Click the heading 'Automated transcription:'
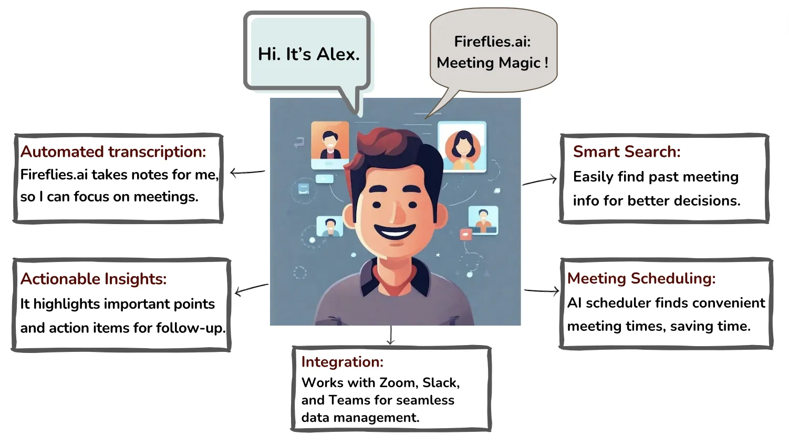[113, 151]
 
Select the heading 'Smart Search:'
[627, 151]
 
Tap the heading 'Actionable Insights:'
[94, 279]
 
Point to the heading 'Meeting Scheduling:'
[641, 278]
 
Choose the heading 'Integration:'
[342, 362]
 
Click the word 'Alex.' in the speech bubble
[338, 54]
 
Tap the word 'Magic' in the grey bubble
[520, 63]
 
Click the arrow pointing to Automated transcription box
[247, 172]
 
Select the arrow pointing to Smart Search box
[539, 180]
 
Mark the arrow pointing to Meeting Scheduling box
[542, 290]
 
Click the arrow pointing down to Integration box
[390, 335]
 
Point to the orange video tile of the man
[330, 142]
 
